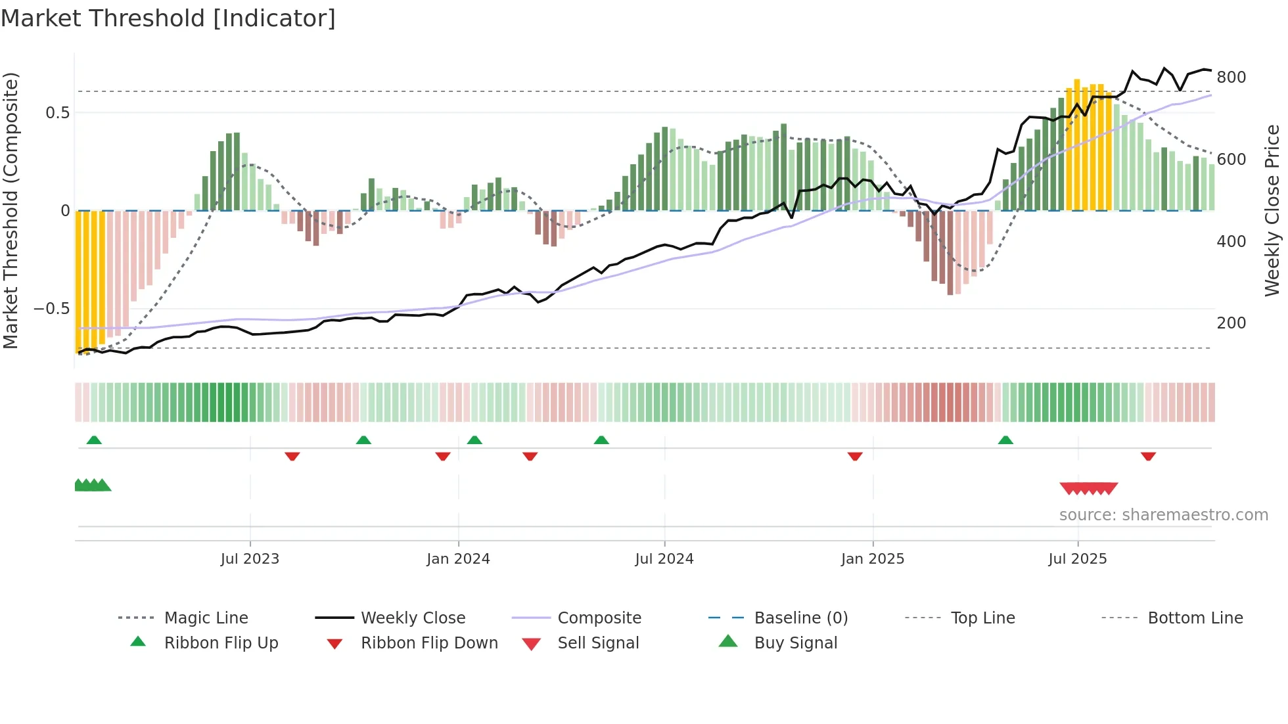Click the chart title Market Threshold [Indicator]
(168, 18)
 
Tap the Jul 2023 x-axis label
(250, 559)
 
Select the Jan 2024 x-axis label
(458, 559)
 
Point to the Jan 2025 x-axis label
(873, 559)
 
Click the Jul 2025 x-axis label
(1078, 559)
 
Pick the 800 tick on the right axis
(1231, 78)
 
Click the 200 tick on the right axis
(1231, 323)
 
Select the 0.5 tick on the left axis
(57, 113)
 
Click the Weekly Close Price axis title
(1272, 210)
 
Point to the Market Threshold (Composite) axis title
(11, 210)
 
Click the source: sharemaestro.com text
(1163, 515)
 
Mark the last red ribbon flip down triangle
(1148, 456)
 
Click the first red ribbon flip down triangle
(292, 456)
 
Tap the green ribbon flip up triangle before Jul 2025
(1005, 440)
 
